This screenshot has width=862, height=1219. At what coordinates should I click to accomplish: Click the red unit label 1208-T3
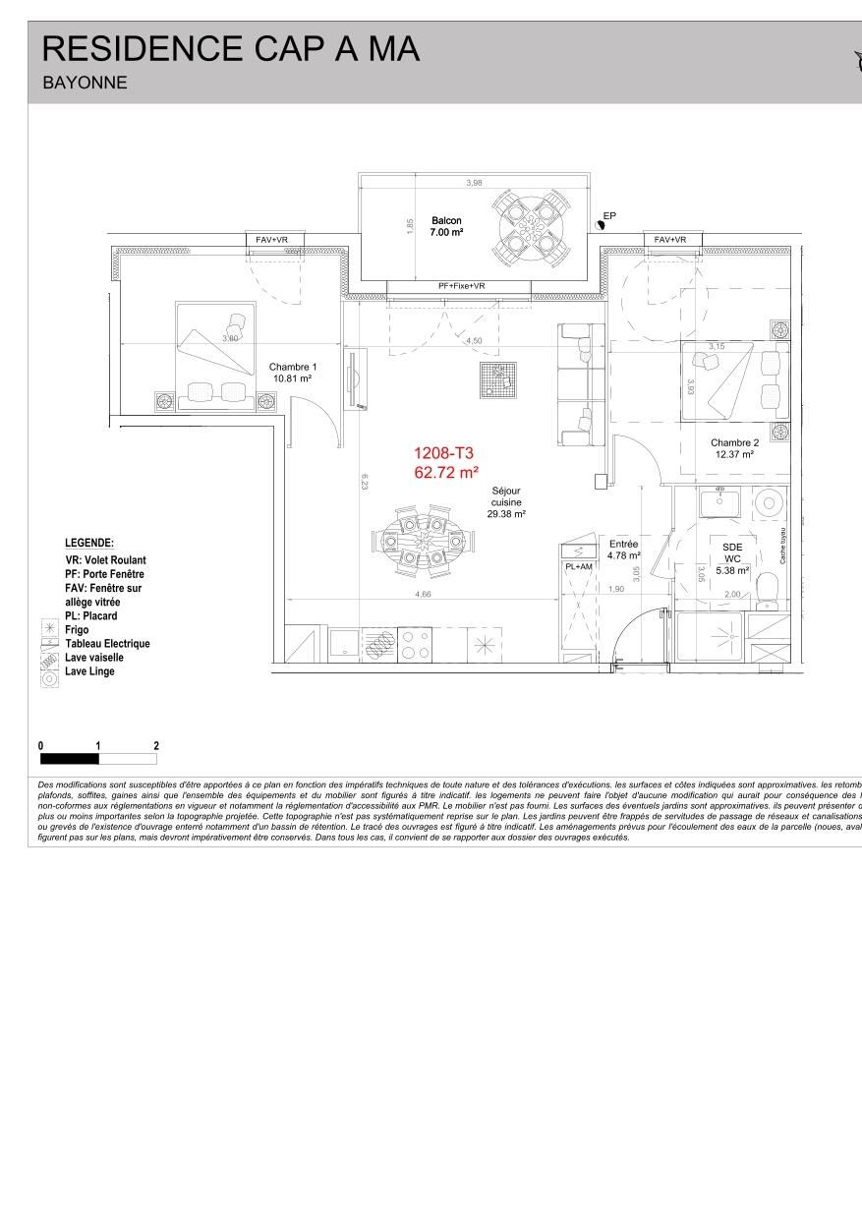tap(444, 453)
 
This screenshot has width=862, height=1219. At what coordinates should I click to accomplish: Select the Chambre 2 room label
tap(734, 448)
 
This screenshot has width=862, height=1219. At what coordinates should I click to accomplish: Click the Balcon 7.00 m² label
tap(446, 226)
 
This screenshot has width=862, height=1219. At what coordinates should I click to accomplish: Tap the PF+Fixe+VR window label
tap(461, 286)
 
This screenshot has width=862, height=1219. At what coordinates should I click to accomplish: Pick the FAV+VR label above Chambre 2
tap(670, 240)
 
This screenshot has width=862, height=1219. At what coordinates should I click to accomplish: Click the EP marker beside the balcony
tap(609, 216)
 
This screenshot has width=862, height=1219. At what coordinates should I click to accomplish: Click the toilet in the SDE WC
tap(769, 590)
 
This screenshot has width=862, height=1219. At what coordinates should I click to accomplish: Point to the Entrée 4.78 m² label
tap(623, 550)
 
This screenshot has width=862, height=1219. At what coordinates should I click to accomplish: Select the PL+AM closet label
tap(578, 567)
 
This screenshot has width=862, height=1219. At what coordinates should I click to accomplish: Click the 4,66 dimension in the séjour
tap(423, 594)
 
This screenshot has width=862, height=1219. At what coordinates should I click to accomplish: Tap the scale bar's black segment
tap(69, 759)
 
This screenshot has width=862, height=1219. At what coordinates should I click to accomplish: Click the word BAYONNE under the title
tap(85, 83)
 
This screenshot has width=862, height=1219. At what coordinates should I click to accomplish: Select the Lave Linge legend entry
tap(89, 671)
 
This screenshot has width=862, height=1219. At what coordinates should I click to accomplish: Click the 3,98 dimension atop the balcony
tap(474, 183)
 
